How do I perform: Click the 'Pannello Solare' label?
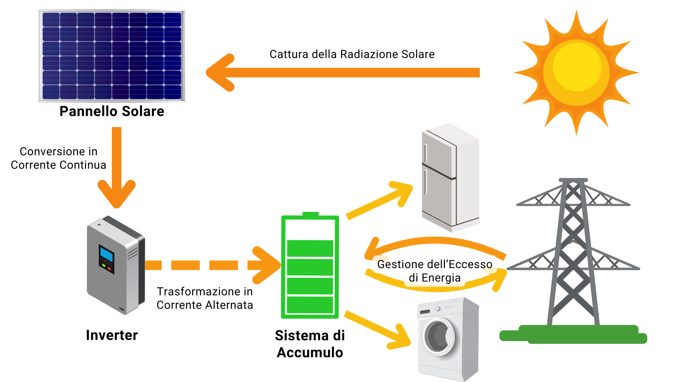[112, 111]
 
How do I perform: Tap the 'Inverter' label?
[112, 335]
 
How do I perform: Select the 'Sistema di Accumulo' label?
[310, 344]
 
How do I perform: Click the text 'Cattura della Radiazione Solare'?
[352, 54]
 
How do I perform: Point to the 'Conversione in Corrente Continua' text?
[58, 158]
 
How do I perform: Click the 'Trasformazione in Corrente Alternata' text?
[205, 298]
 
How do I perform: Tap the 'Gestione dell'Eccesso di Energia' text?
[435, 271]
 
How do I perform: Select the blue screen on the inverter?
[106, 254]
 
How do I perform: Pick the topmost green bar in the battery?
[310, 248]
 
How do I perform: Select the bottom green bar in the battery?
[310, 305]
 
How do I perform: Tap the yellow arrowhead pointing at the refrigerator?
[402, 193]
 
